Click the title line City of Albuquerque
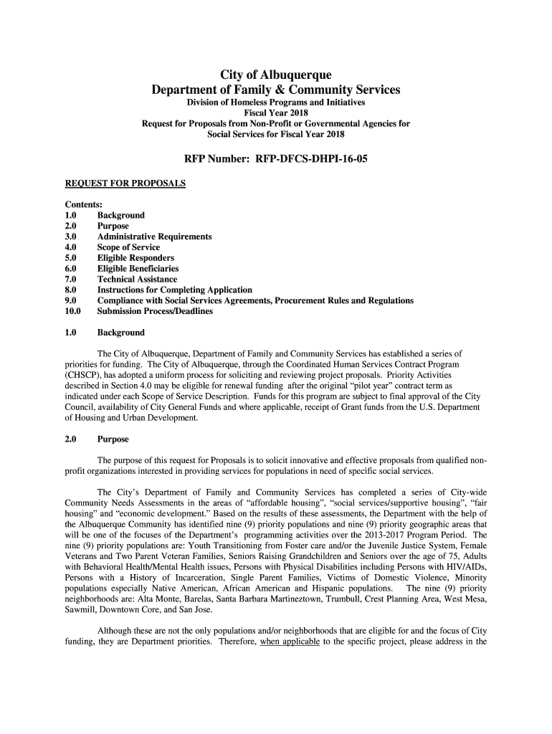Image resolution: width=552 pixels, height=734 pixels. pyautogui.click(x=276, y=75)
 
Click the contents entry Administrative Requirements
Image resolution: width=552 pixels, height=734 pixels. pyautogui.click(x=154, y=237)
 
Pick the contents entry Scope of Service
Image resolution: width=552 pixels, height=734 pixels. pyautogui.click(x=128, y=247)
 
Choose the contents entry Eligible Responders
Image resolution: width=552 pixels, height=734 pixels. pyautogui.click(x=135, y=258)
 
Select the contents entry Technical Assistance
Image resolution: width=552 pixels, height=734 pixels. pyautogui.click(x=137, y=279)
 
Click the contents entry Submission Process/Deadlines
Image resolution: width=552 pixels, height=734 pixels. pyautogui.click(x=155, y=311)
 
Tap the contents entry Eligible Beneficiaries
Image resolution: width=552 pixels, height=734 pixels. pyautogui.click(x=138, y=269)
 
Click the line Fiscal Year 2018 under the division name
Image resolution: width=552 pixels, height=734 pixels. pyautogui.click(x=276, y=113)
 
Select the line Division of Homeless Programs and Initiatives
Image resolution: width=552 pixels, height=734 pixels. pyautogui.click(x=276, y=103)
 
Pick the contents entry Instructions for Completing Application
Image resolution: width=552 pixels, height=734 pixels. pyautogui.click(x=174, y=290)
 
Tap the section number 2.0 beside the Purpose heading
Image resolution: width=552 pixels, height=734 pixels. pyautogui.click(x=71, y=439)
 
